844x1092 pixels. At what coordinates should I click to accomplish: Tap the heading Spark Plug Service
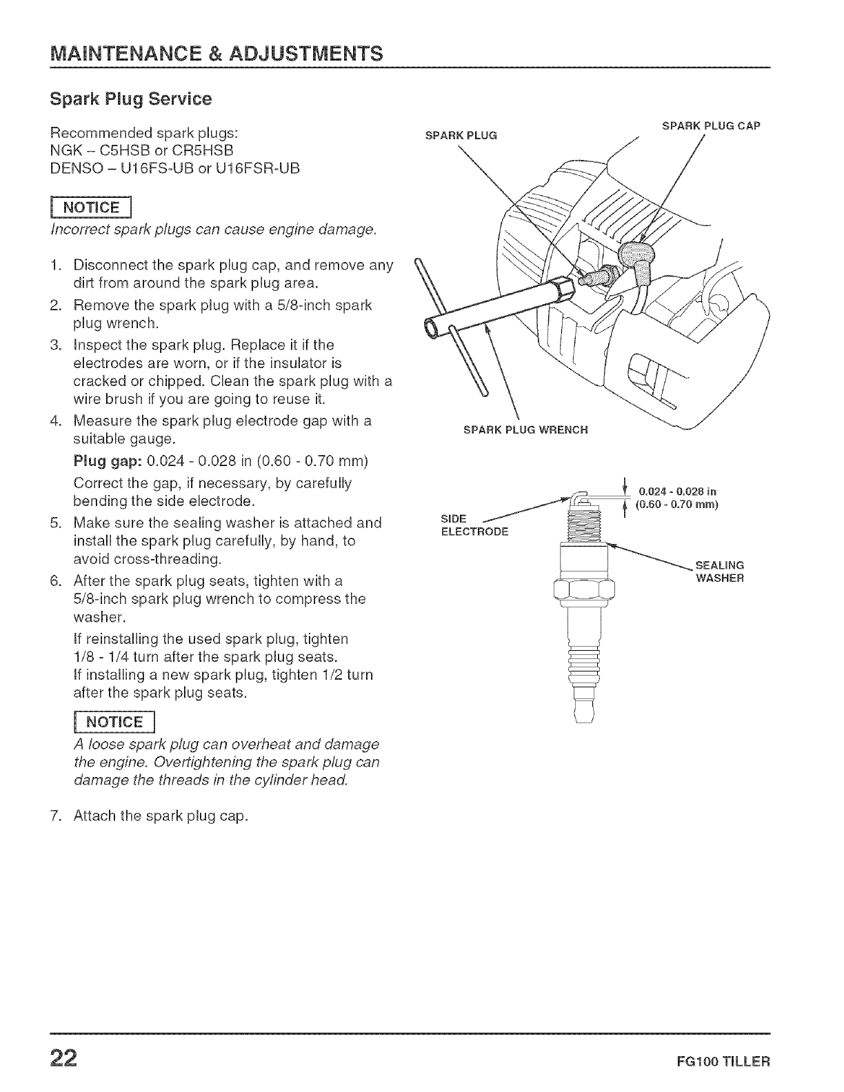(x=130, y=99)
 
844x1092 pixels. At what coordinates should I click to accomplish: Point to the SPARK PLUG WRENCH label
(x=525, y=430)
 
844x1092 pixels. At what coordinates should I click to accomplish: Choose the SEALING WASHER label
(x=719, y=572)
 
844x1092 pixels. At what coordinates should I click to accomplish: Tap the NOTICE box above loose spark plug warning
(x=113, y=722)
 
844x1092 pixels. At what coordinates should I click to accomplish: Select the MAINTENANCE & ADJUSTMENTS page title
(x=214, y=52)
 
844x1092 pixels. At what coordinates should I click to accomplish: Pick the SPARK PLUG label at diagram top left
(x=461, y=134)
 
